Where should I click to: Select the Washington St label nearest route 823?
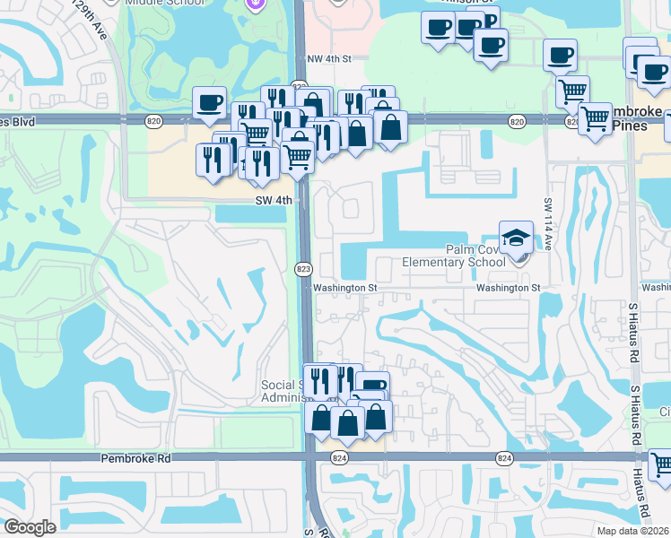point(340,288)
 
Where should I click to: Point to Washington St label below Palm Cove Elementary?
point(509,288)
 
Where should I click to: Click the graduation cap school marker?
point(516,238)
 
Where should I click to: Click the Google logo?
point(30,527)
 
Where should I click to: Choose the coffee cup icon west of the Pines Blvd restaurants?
point(210,103)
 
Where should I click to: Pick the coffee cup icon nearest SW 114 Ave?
point(560,56)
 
